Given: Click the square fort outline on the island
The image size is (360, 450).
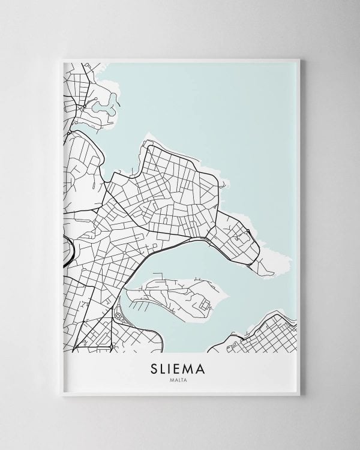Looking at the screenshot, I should pos(205,305).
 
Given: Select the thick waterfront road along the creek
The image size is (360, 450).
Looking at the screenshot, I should pos(180,241).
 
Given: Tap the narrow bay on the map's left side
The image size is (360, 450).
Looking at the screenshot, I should pos(90,126).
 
